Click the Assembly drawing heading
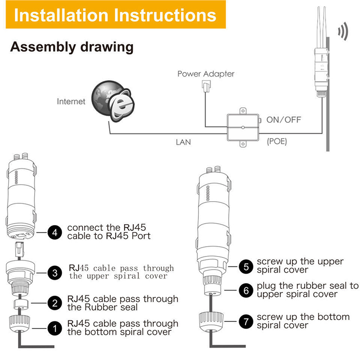pos(72,47)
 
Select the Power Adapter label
pos(206,74)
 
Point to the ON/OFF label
pos(283,120)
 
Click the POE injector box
pos(243,128)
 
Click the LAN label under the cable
pos(183,142)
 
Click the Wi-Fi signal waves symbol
pos(343,32)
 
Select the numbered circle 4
pos(55,233)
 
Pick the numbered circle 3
pos(55,272)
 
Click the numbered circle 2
pos(55,303)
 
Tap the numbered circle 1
pos(55,328)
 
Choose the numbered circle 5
pos(245,265)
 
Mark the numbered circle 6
pos(245,290)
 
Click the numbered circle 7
pos(245,321)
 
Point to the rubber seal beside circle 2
pos(19,303)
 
